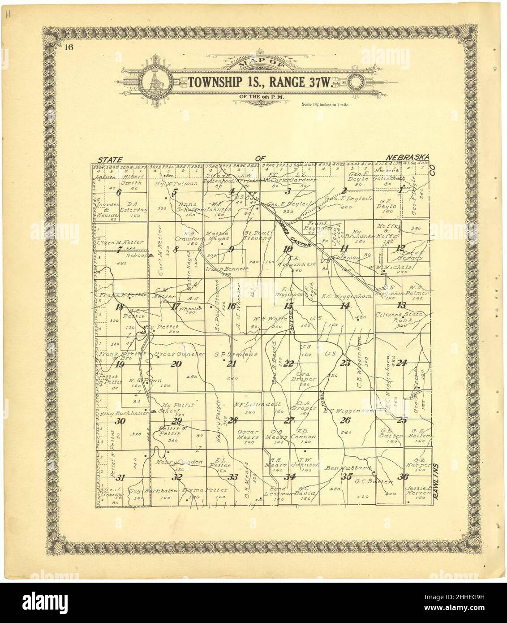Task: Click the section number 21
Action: (231, 363)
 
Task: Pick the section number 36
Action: (404, 476)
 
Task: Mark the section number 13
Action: (402, 306)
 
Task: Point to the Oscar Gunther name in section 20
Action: (179, 354)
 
